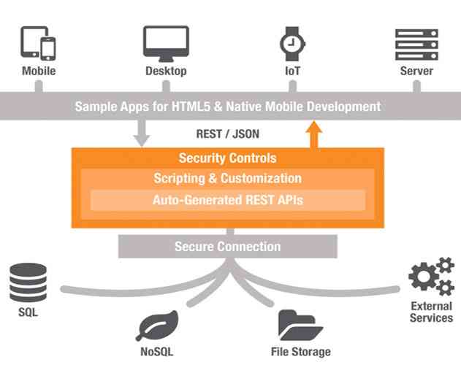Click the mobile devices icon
38,44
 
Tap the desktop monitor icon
166,44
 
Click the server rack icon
416,44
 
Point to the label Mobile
39,72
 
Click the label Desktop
166,72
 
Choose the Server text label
416,72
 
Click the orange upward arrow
314,134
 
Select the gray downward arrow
142,133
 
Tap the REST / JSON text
227,134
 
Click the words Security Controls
227,158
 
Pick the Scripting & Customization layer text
227,179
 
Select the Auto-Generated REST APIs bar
227,199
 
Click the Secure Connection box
227,247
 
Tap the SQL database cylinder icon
28,283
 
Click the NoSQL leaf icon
157,325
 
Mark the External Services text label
431,312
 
